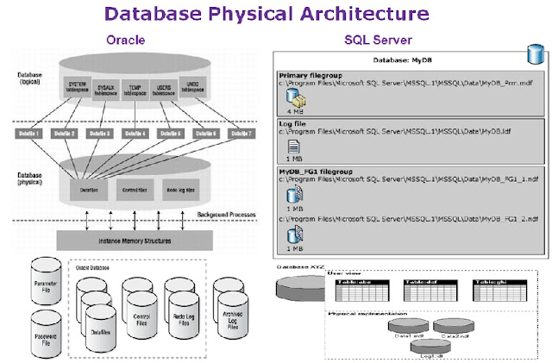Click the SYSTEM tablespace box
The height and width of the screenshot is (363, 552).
[76, 86]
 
